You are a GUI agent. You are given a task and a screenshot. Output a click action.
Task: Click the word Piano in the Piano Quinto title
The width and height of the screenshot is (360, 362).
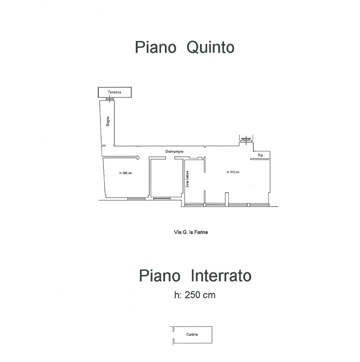pos(155,47)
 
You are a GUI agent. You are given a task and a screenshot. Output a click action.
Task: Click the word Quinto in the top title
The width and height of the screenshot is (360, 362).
pos(210,47)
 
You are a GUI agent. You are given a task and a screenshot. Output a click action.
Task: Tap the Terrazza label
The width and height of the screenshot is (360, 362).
pos(114,92)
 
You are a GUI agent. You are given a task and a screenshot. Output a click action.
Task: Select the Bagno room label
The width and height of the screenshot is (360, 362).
pos(108,121)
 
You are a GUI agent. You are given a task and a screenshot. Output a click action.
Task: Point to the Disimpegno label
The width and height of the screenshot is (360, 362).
pos(174,152)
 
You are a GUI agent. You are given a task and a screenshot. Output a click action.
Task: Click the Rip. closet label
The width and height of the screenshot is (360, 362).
pos(261,155)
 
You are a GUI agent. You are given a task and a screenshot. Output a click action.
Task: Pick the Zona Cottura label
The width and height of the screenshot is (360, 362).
pos(187,179)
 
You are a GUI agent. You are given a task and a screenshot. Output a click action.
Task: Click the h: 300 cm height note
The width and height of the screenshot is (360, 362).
pos(126,173)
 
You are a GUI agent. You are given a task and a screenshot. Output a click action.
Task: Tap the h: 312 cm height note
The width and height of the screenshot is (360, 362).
pos(233,172)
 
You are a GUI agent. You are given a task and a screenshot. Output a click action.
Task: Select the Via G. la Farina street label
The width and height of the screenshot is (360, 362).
pos(191,232)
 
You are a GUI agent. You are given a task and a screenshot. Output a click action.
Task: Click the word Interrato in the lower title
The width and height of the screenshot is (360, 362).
pos(222,276)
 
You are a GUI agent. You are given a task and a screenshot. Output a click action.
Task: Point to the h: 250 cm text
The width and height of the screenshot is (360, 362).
pos(195,295)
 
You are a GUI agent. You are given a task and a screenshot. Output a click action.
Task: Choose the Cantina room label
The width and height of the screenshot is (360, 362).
pos(192,334)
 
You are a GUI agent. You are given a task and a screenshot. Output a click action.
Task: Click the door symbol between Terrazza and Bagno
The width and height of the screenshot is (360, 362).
pos(110,99)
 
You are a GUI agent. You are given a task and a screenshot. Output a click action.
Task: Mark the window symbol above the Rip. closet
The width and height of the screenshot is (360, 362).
pos(246,139)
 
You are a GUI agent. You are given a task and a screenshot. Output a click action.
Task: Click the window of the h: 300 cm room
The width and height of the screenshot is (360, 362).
pos(137,198)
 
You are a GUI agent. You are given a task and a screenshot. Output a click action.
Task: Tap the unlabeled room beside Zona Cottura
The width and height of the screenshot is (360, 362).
pos(166,177)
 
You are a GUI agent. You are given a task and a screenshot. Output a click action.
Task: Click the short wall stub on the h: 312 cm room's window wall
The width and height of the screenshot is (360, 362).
pos(227,198)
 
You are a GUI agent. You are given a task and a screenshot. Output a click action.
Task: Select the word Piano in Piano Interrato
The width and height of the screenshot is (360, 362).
pos(159,276)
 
